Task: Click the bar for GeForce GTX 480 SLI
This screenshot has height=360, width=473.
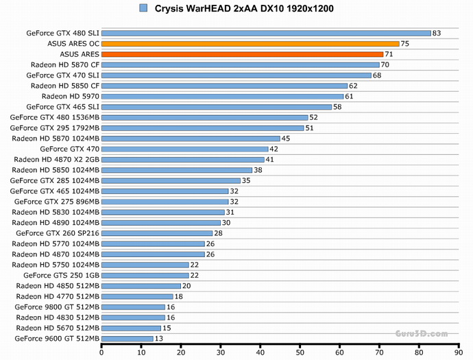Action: click(x=266, y=33)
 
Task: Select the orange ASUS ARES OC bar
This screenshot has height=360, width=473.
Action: click(x=250, y=43)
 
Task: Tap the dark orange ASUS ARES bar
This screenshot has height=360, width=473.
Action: click(x=242, y=54)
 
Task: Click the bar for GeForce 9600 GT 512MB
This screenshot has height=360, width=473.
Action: click(x=128, y=338)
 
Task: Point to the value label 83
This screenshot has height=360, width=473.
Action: click(x=437, y=33)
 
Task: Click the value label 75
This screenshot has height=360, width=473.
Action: click(x=405, y=43)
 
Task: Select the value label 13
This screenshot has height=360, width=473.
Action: click(x=160, y=338)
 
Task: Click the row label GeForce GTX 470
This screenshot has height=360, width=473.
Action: click(x=69, y=149)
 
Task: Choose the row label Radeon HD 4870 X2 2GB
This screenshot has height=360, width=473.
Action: click(x=57, y=159)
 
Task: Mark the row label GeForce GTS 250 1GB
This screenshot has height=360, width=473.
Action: click(x=62, y=275)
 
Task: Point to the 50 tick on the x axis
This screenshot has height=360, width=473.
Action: click(x=300, y=352)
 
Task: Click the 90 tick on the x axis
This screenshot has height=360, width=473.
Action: click(x=459, y=352)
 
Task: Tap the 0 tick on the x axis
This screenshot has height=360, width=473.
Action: click(x=101, y=352)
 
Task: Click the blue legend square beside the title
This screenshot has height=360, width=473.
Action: click(x=143, y=8)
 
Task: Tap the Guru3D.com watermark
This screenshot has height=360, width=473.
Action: click(x=421, y=334)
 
